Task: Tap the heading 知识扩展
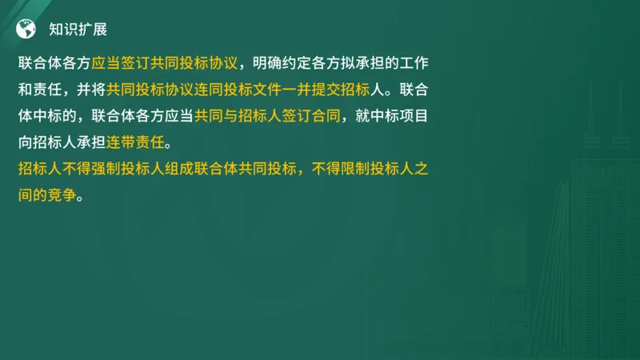tap(78, 30)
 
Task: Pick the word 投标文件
tap(263, 89)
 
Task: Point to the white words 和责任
tap(45, 89)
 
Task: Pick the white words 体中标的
tap(54, 115)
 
